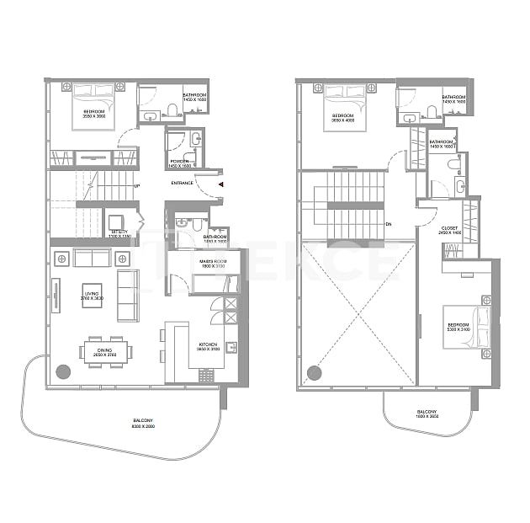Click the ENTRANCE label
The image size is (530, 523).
[x=183, y=183]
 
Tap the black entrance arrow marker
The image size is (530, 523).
[x=220, y=183]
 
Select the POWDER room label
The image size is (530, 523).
[x=179, y=163]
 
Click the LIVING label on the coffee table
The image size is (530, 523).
[x=92, y=296]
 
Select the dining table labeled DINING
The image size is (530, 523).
[x=106, y=350]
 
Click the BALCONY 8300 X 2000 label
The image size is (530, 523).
[x=143, y=424]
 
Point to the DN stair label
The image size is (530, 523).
[x=389, y=224]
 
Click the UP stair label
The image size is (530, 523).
[x=136, y=186]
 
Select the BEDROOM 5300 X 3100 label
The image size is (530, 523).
[x=458, y=328]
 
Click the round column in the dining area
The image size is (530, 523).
[x=62, y=370]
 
